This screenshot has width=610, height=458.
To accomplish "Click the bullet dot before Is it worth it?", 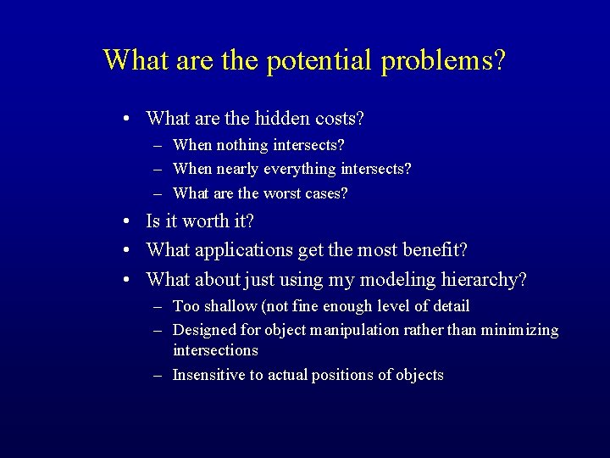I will [x=125, y=222].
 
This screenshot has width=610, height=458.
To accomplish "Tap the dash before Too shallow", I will [x=159, y=305].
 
